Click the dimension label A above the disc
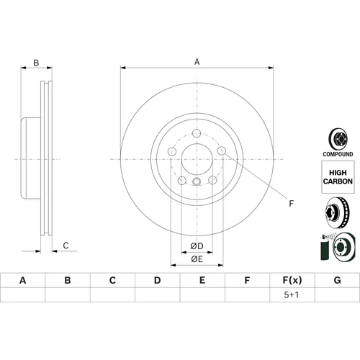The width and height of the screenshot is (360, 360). tap(197, 62)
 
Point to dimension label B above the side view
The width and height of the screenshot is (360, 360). tap(36, 63)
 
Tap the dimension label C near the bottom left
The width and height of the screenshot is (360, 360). tap(66, 246)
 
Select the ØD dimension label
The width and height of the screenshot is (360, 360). tap(197, 246)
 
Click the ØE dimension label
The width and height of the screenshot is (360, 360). tap(197, 259)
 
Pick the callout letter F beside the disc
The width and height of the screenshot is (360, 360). tap(291, 204)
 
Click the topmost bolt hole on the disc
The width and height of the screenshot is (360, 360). tap(197, 133)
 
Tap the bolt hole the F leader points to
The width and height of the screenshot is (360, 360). tap(222, 151)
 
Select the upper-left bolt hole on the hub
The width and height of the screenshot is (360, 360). tap(172, 151)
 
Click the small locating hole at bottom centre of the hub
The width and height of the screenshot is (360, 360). tap(197, 181)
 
